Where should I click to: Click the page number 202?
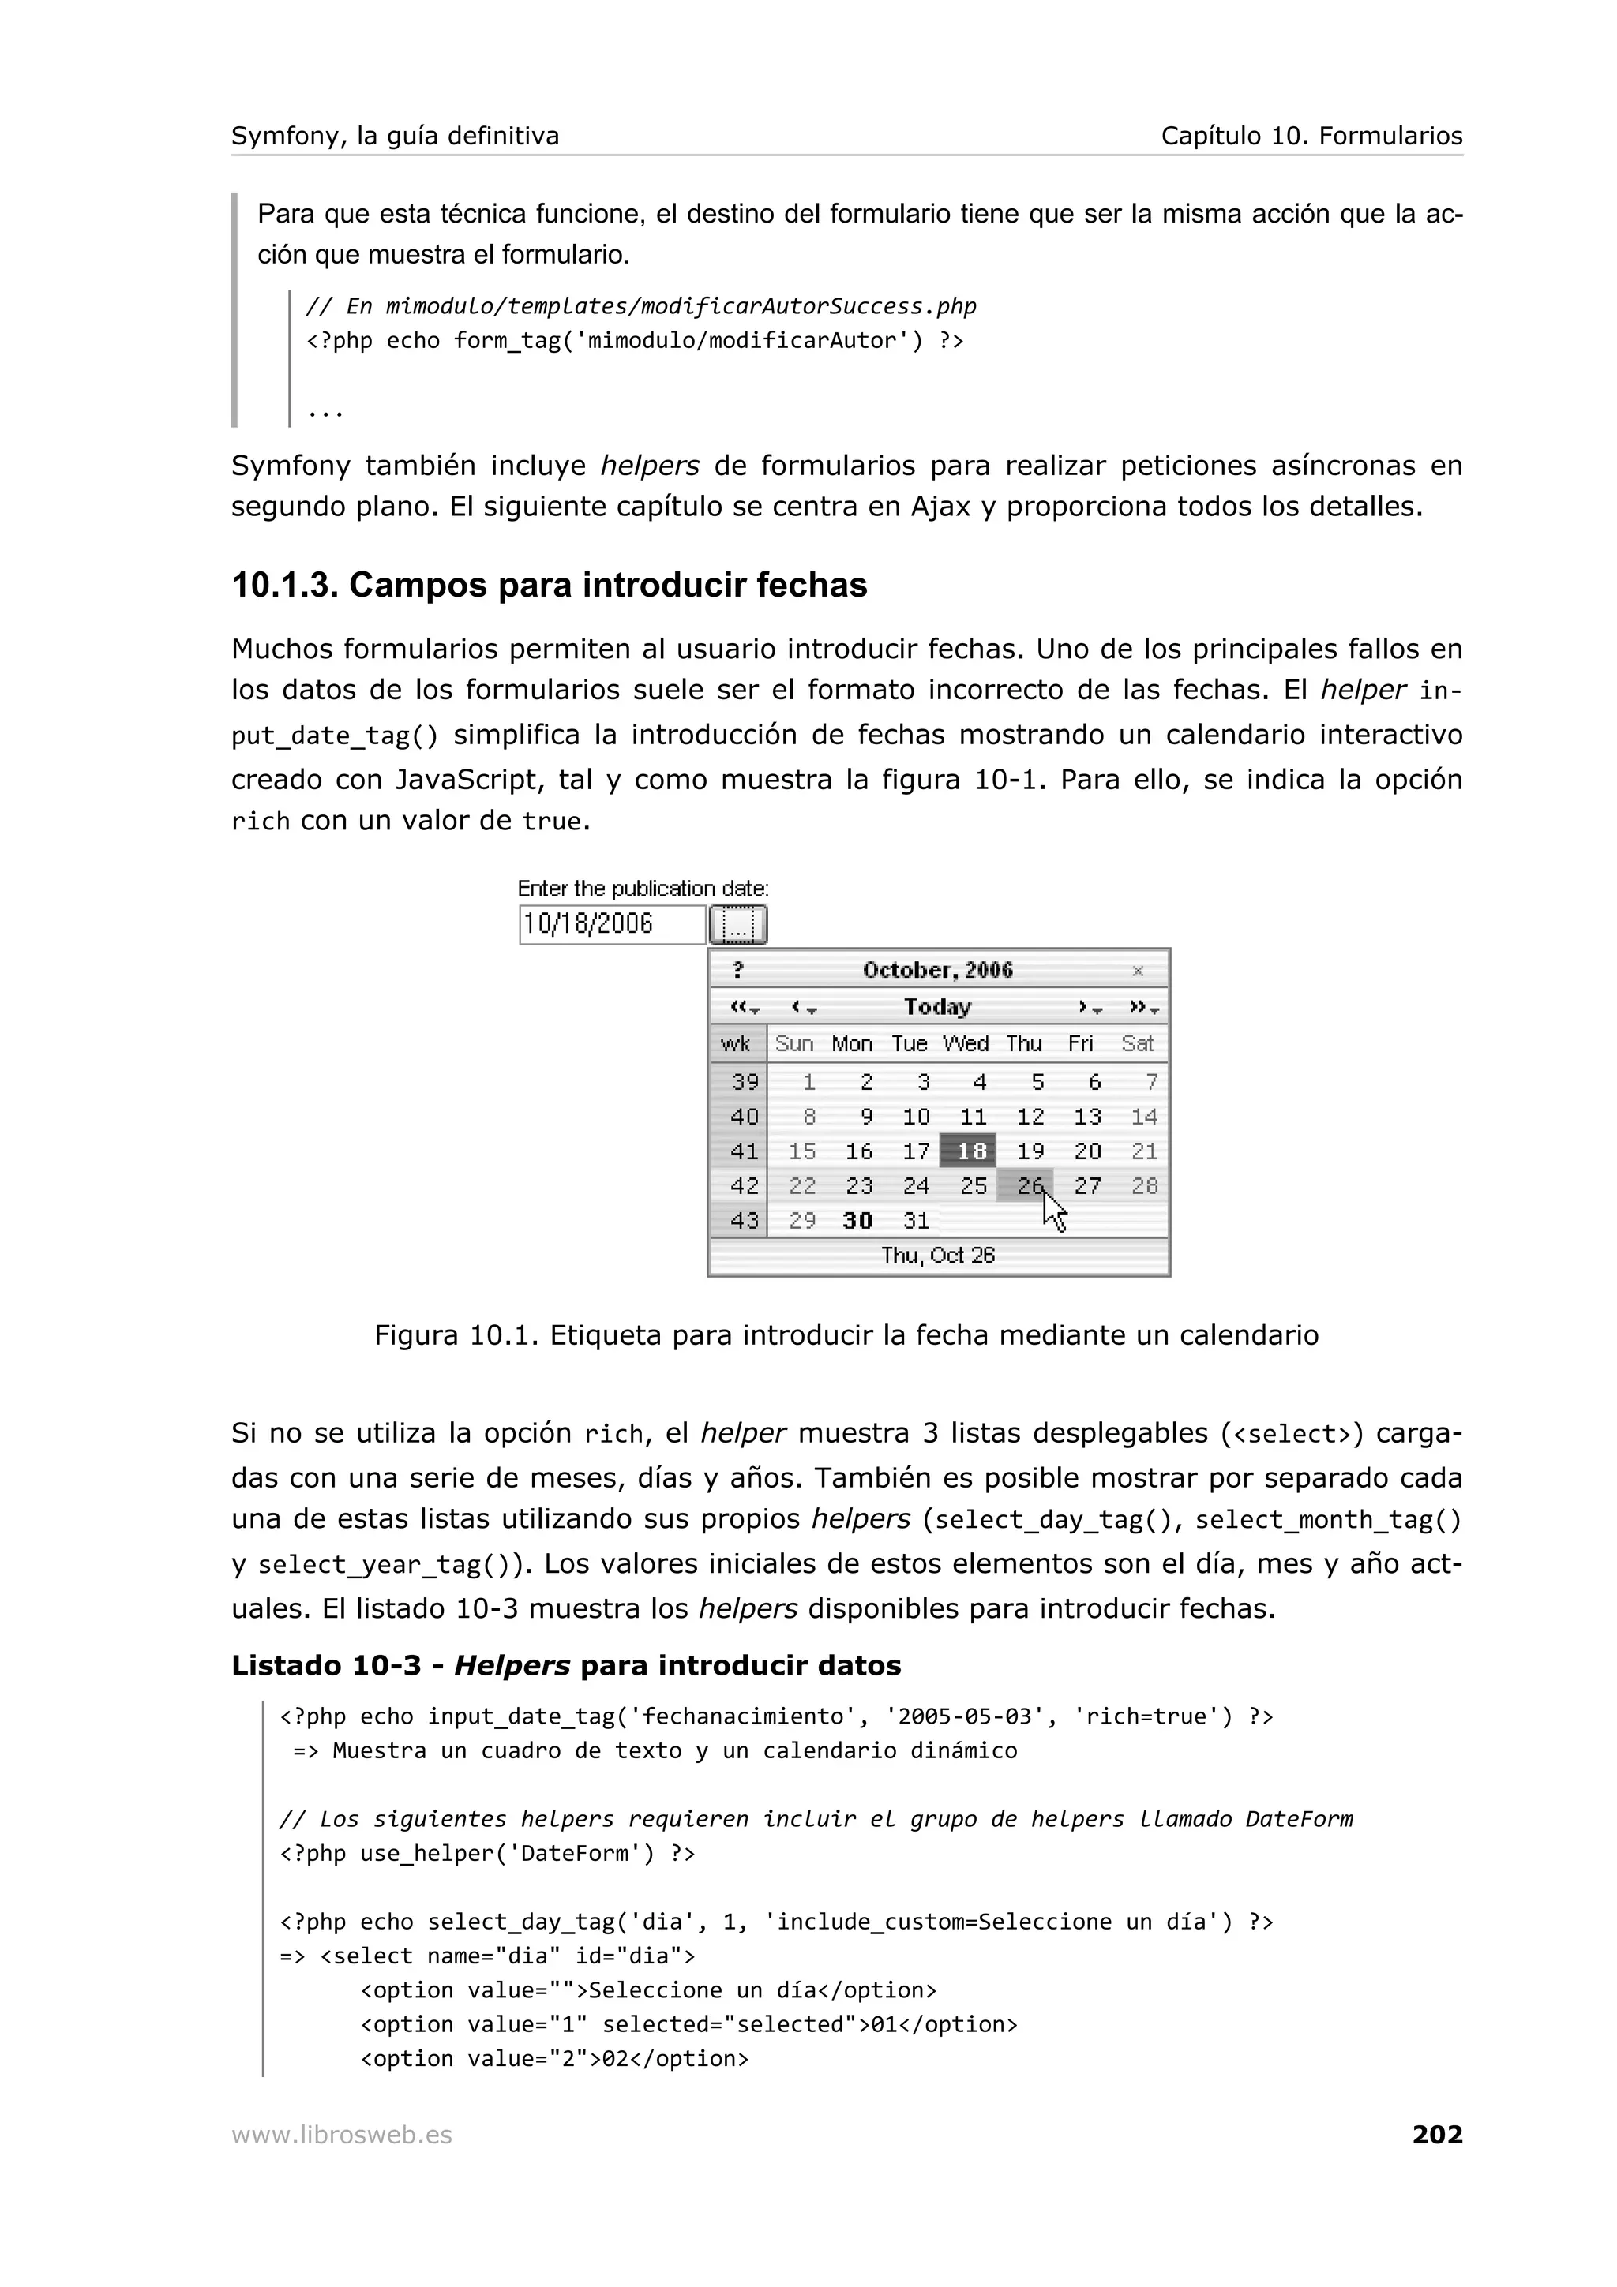click(x=1437, y=2135)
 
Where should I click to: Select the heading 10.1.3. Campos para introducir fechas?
click(x=549, y=585)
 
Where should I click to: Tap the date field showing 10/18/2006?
click(x=611, y=924)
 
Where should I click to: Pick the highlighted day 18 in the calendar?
click(x=970, y=1151)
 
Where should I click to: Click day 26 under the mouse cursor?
click(x=1026, y=1185)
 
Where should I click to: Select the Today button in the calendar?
click(x=936, y=1007)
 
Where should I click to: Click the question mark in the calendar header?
click(x=738, y=970)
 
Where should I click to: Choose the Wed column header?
click(x=966, y=1044)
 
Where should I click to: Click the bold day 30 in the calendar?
click(x=857, y=1220)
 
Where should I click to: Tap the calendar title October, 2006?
click(x=936, y=970)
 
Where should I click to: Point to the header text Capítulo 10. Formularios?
click(x=1311, y=137)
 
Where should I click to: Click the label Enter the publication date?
click(x=643, y=889)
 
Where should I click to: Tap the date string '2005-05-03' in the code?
click(x=964, y=1716)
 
